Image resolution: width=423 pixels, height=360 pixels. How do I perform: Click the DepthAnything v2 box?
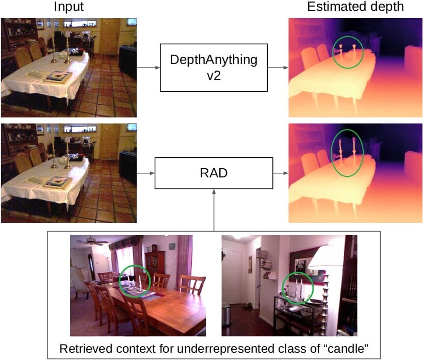point(214,68)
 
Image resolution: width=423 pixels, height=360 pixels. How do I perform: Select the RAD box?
point(214,173)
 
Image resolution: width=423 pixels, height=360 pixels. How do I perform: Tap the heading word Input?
point(69,7)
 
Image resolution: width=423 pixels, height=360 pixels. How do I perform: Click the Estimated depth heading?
point(355,7)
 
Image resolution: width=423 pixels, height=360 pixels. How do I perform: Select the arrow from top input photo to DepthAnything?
point(149,68)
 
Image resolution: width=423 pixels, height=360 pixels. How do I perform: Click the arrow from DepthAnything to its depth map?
point(278,68)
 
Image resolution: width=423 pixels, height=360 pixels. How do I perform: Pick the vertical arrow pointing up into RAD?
point(214,210)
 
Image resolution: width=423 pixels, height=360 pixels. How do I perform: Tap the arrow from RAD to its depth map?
point(281,173)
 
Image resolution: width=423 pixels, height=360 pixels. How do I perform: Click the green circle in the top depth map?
point(333,53)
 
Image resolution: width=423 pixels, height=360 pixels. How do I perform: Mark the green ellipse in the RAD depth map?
point(332,153)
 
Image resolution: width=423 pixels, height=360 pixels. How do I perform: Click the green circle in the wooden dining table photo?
point(119,281)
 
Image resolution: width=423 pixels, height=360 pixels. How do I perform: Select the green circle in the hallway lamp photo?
point(283,288)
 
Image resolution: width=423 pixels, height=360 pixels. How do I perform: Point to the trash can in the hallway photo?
point(226,315)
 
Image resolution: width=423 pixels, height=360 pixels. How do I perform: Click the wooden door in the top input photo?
point(109,36)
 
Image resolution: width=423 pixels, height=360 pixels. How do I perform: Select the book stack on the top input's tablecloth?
point(58,76)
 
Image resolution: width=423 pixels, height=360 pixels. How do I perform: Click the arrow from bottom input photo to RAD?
point(145,173)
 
